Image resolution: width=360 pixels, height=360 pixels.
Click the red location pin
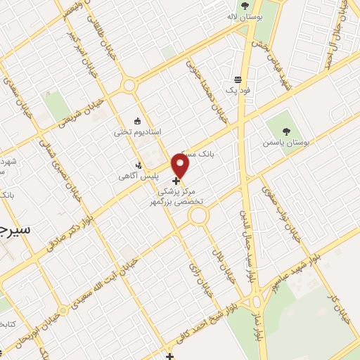coord(181,166)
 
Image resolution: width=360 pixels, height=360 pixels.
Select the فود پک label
coord(238,91)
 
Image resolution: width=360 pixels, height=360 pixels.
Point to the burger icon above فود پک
coord(238,79)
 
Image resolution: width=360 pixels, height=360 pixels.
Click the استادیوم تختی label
coord(138,131)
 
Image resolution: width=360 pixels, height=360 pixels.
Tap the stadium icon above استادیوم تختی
coord(138,120)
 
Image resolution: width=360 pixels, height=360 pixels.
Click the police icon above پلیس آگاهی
coord(138,165)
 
